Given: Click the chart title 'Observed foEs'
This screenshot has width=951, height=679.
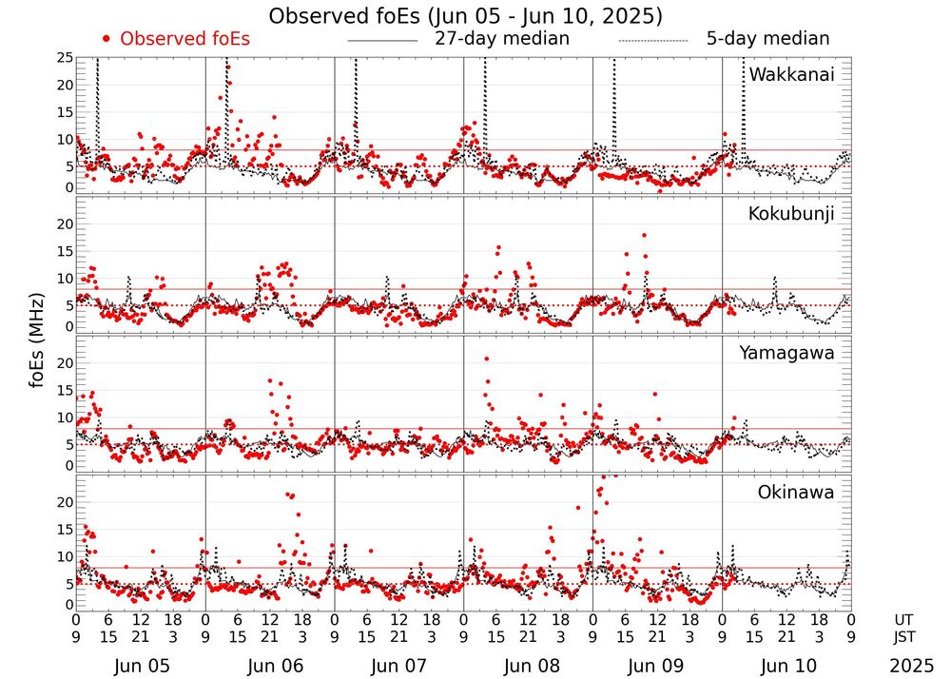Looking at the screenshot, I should (x=465, y=16).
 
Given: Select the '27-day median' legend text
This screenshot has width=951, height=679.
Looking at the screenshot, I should (x=502, y=39).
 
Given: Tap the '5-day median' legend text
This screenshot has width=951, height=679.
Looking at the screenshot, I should (x=767, y=39).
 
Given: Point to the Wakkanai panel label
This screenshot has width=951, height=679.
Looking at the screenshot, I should (x=791, y=74).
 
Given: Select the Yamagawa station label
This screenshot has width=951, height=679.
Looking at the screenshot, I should (x=786, y=353).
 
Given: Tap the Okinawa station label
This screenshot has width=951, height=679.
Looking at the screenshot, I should (x=795, y=492).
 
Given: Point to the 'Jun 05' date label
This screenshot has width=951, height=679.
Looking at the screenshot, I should (x=140, y=666).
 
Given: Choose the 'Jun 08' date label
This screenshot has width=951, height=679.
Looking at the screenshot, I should (x=528, y=666).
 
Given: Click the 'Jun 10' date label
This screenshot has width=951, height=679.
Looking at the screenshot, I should (x=786, y=666).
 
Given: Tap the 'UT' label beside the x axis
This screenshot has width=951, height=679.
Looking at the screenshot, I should (x=907, y=619).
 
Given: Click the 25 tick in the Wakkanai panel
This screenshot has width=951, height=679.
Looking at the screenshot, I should (x=65, y=58).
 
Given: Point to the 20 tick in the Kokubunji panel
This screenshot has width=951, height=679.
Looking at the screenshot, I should (x=65, y=224).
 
